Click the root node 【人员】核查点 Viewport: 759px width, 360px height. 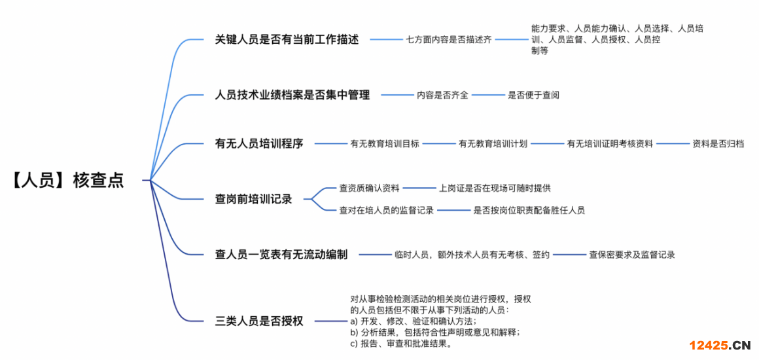pyautogui.click(x=67, y=180)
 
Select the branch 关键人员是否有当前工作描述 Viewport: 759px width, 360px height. pyautogui.click(x=287, y=39)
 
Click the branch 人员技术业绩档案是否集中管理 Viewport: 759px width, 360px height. pyautogui.click(x=292, y=95)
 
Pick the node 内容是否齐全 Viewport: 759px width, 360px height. pyautogui.click(x=442, y=95)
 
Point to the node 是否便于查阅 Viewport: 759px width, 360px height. pyautogui.click(x=533, y=95)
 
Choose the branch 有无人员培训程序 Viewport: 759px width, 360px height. pyautogui.click(x=259, y=143)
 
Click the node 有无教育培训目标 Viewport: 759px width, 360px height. pyautogui.click(x=385, y=143)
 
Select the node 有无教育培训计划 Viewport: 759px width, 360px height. pyautogui.click(x=493, y=143)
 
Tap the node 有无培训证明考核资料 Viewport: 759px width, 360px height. pyautogui.click(x=610, y=143)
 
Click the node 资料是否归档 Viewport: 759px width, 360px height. pyautogui.click(x=718, y=143)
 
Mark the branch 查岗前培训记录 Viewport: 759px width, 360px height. pyautogui.click(x=254, y=198)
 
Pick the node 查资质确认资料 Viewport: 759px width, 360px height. pyautogui.click(x=369, y=188)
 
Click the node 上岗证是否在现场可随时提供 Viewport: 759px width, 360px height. pyautogui.click(x=495, y=188)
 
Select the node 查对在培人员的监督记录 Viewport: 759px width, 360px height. pyautogui.click(x=386, y=210)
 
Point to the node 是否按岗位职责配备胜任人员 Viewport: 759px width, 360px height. pyautogui.click(x=529, y=210)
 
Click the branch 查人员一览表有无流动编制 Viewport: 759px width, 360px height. pyautogui.click(x=281, y=255)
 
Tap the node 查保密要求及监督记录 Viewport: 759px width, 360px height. pyautogui.click(x=631, y=255)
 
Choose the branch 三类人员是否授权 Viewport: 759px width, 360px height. pyautogui.click(x=259, y=321)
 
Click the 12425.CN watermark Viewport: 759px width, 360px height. pyautogui.click(x=718, y=345)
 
